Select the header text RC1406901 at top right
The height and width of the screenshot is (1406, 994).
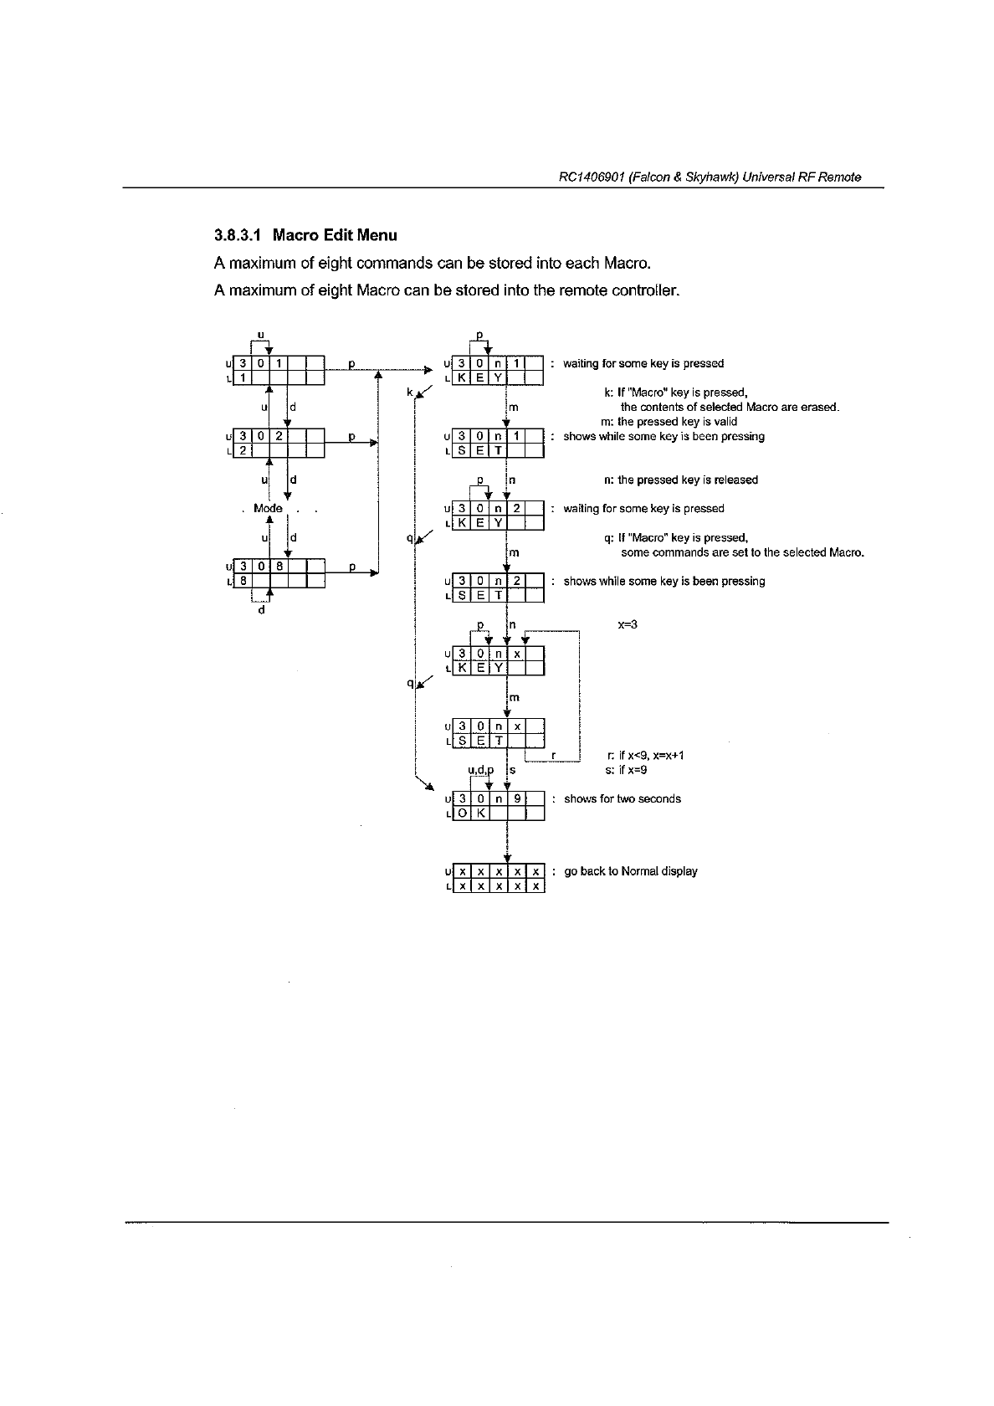pos(591,177)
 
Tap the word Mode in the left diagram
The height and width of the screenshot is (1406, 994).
pos(268,508)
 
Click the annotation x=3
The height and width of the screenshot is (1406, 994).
pos(628,624)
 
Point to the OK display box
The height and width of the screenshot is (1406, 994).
pos(498,805)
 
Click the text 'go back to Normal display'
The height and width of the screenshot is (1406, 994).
pos(630,871)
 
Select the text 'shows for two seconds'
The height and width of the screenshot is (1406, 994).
pos(622,798)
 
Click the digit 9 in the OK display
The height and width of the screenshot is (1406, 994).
pos(517,798)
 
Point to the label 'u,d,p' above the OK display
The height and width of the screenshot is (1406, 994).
pos(480,770)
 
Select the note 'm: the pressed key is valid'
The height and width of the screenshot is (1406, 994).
pos(669,422)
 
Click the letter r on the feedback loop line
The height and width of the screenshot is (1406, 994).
pos(554,755)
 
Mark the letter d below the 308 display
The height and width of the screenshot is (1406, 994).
pos(261,609)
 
